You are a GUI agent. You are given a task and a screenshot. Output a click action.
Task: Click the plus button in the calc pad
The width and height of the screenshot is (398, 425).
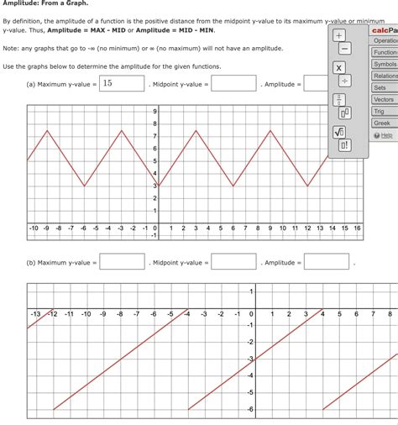click(339, 38)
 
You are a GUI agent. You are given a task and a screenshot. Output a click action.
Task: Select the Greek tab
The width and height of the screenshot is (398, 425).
click(382, 123)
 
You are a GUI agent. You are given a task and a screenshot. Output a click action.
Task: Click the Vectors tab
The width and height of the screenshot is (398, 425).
click(383, 99)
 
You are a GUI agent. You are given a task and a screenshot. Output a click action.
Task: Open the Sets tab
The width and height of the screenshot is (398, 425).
click(380, 87)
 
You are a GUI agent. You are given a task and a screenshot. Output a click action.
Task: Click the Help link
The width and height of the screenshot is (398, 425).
click(386, 135)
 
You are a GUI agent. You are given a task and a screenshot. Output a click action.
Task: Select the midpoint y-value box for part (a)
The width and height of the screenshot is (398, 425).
click(233, 83)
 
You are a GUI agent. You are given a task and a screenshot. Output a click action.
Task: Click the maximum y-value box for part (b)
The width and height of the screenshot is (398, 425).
click(123, 262)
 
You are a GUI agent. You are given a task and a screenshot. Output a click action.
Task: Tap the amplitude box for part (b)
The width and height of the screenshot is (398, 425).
click(326, 262)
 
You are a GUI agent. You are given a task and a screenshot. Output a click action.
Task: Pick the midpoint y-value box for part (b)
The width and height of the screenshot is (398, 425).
click(233, 262)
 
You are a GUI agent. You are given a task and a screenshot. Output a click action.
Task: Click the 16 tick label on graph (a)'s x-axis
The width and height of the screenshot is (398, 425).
click(357, 228)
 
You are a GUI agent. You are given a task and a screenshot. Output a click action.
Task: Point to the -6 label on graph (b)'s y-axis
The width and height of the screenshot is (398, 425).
click(249, 409)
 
